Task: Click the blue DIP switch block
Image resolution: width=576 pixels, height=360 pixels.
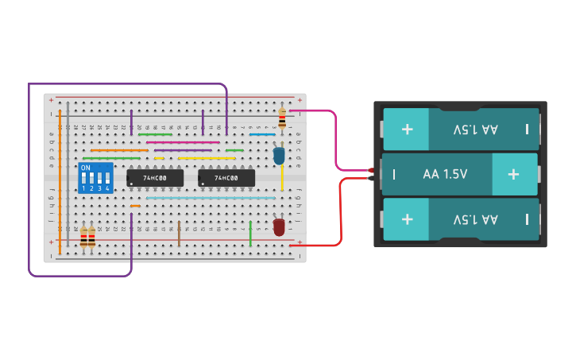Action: coord(95,178)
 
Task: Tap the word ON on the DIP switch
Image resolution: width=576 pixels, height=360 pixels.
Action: coord(85,168)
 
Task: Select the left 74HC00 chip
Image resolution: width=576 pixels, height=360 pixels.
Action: coord(155,178)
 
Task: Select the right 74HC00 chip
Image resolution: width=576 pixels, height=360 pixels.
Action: coord(226,178)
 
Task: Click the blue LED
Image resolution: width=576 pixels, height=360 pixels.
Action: coord(279,155)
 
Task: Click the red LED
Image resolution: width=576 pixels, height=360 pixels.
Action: coord(279,226)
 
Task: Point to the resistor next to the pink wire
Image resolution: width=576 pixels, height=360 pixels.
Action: coord(282,120)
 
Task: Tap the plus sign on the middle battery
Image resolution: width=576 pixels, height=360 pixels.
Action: coord(513,174)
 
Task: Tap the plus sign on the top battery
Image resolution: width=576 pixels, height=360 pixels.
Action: coord(407,129)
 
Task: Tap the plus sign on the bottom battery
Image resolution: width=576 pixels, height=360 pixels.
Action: coord(407,219)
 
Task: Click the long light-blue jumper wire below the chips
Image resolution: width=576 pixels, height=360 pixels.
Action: coord(211,198)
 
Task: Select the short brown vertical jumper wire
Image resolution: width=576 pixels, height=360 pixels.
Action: coord(179,234)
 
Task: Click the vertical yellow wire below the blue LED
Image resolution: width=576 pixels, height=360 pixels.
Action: coord(282,178)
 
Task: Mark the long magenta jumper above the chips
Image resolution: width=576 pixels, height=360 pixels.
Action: coord(183,142)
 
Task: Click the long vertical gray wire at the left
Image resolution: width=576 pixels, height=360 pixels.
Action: coord(68,175)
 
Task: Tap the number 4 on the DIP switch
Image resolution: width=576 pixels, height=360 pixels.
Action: coord(107,188)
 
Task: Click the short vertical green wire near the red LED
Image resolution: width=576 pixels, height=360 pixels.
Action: coord(250,234)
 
